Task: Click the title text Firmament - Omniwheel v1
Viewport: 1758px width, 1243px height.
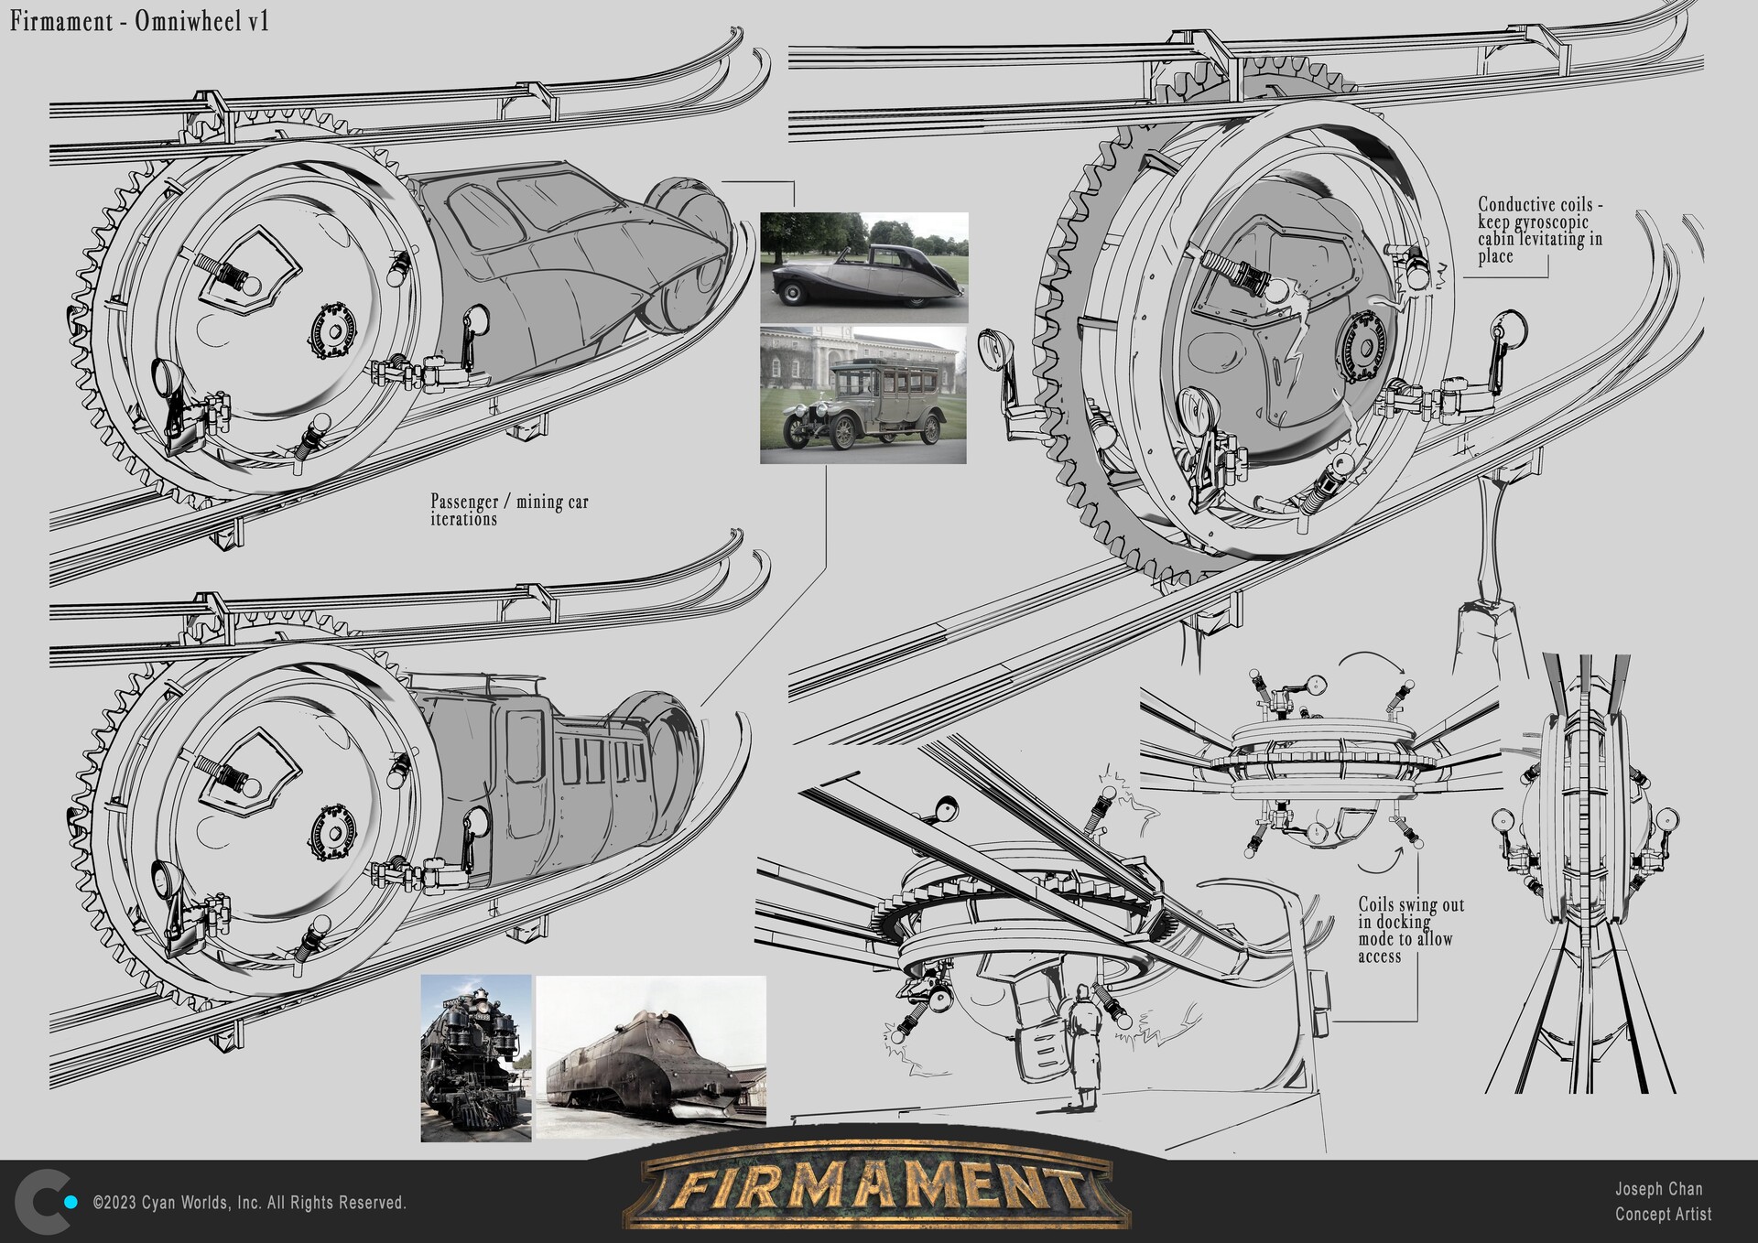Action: coord(139,22)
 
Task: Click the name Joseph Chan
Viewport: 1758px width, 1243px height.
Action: coord(1658,1189)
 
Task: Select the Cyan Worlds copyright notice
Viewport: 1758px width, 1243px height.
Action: coord(249,1203)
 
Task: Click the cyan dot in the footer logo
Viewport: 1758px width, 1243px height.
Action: coord(70,1202)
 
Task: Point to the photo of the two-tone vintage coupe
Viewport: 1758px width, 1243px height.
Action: coord(863,267)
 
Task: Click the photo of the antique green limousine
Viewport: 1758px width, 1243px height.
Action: coord(863,395)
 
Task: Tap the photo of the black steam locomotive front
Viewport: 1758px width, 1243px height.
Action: coord(475,1057)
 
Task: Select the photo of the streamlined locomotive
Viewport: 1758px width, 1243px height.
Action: coord(650,1057)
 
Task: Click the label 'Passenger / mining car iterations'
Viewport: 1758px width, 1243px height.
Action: coord(509,510)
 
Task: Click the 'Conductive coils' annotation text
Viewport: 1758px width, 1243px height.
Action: coord(1539,230)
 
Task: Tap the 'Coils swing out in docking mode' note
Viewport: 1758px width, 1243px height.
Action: coord(1410,930)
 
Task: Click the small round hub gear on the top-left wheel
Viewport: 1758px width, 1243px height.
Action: coord(331,332)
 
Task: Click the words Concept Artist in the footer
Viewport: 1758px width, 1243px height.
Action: coord(1663,1215)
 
